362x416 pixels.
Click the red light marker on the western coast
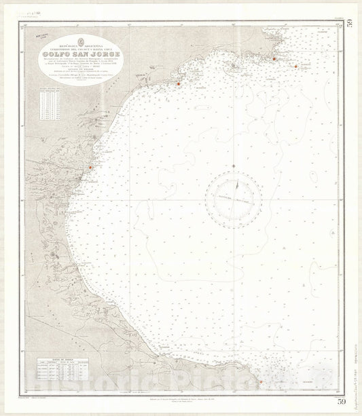coord(90,168)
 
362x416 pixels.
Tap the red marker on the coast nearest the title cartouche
coord(178,84)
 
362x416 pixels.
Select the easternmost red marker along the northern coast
coord(296,66)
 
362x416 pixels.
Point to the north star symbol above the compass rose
coord(234,166)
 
